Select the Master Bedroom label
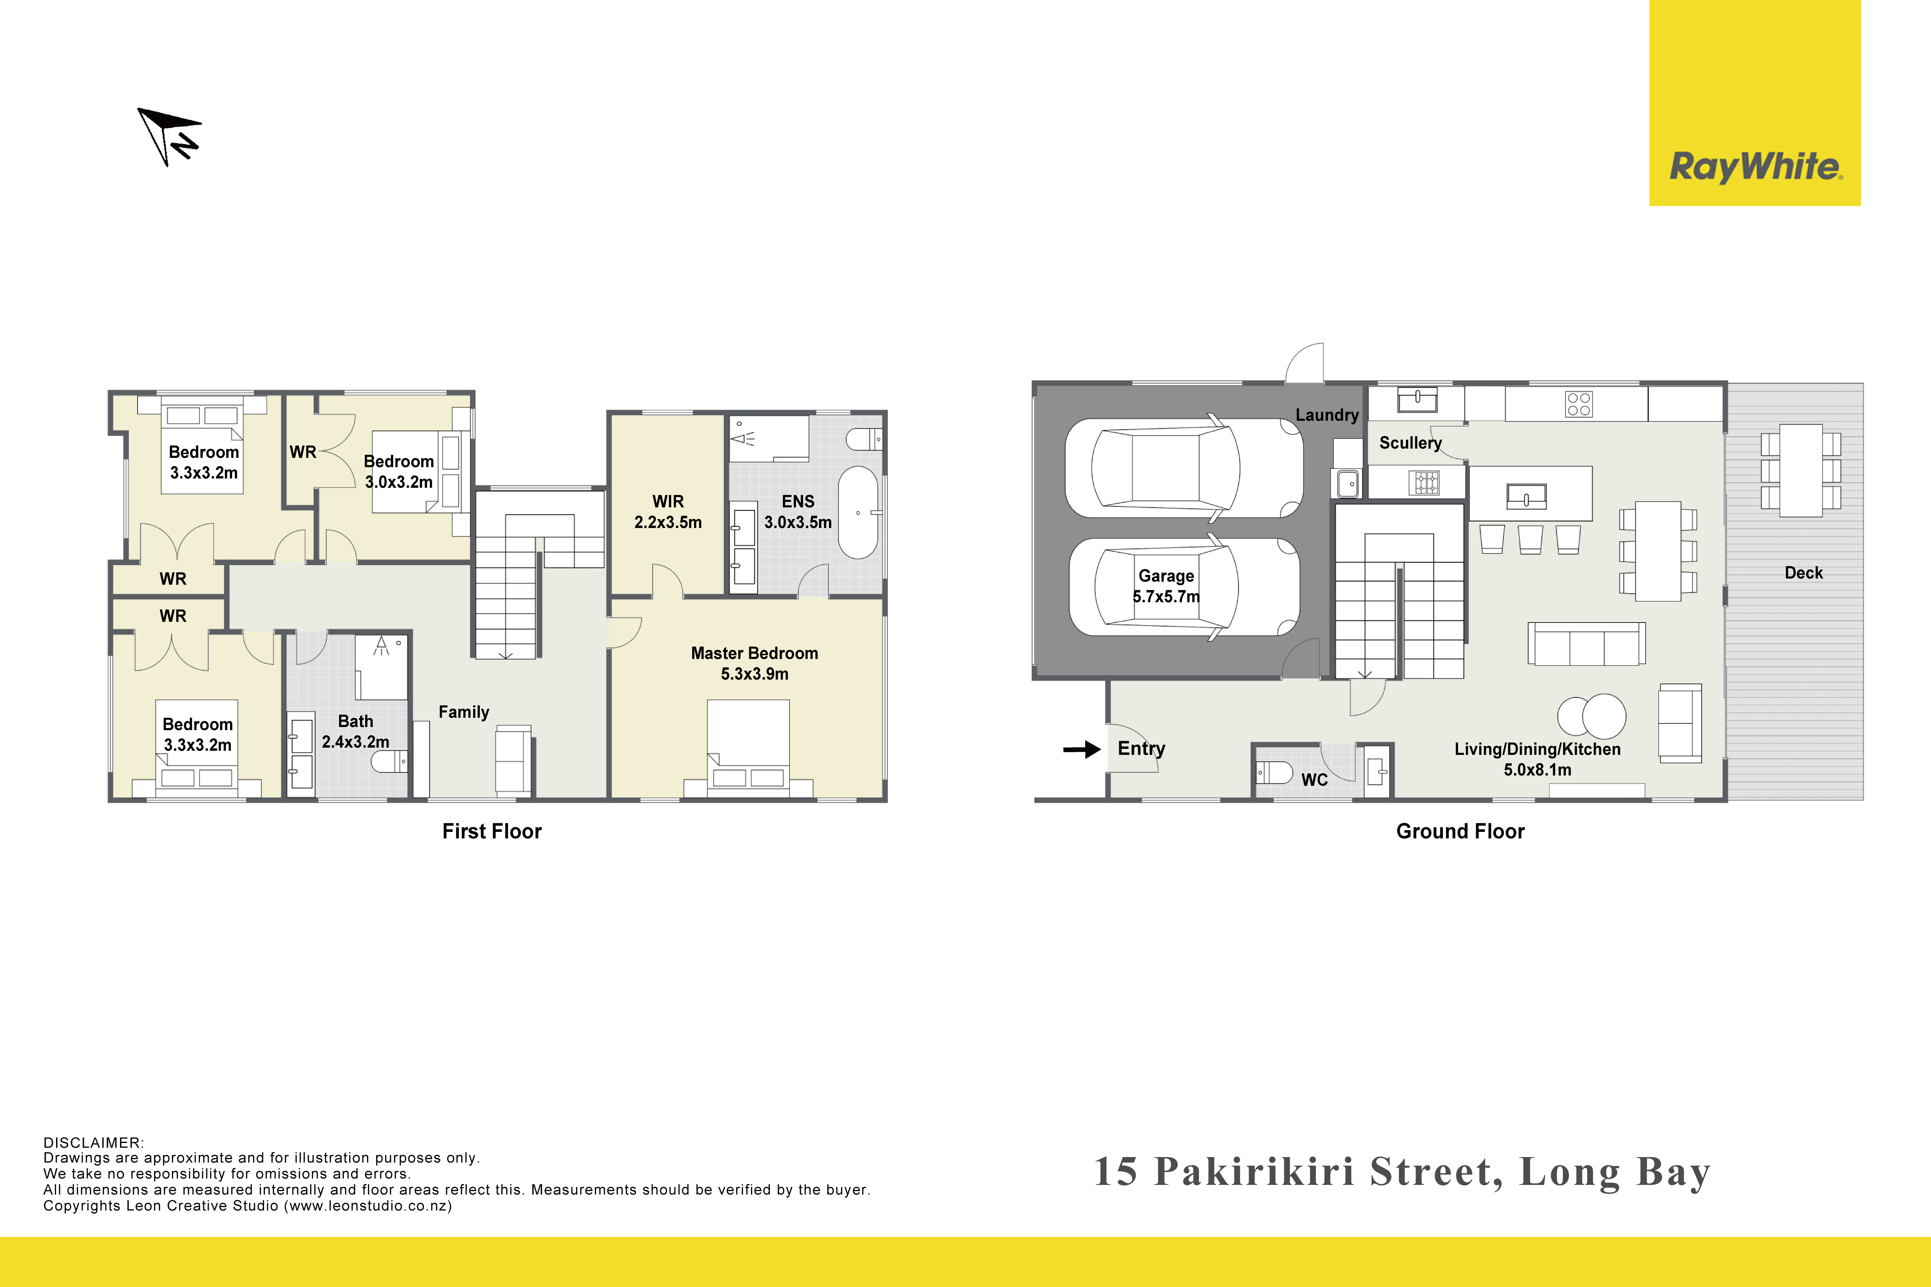tap(754, 653)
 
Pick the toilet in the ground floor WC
tap(1274, 772)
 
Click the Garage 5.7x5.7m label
tap(1166, 586)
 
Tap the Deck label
tap(1804, 573)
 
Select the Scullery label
tap(1410, 443)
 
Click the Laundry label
tap(1327, 415)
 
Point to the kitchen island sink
tap(1526, 497)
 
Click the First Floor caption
tap(492, 832)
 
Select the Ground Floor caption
tap(1461, 832)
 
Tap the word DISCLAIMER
tap(93, 1143)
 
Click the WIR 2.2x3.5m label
tap(668, 511)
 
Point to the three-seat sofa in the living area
tap(1586, 643)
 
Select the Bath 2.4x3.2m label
tap(356, 731)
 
